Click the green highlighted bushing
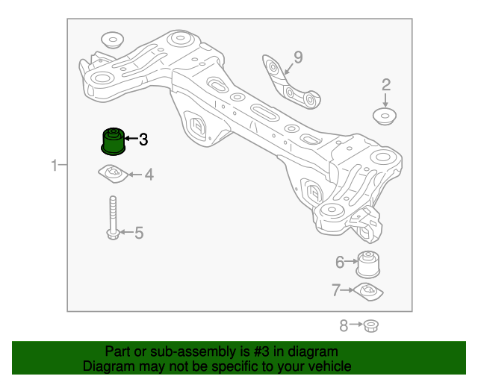coord(113,140)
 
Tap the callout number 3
coord(143,139)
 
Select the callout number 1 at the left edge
coord(55,165)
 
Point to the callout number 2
coord(386,84)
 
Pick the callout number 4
coord(149,175)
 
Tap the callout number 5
coord(138,234)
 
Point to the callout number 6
coord(339,262)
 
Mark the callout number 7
coord(336,289)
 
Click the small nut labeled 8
coord(373,325)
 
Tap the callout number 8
coord(344,325)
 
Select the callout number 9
coord(297,57)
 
